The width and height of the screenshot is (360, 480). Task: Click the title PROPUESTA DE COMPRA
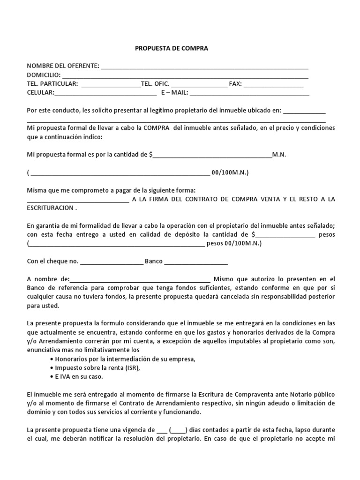click(x=172, y=48)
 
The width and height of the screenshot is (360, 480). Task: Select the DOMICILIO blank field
click(x=185, y=75)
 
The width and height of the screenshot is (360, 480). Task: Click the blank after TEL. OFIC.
click(x=199, y=84)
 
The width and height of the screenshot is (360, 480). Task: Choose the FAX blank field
click(x=273, y=84)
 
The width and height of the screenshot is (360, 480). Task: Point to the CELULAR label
click(x=40, y=93)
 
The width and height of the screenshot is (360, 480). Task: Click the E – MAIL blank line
click(x=249, y=93)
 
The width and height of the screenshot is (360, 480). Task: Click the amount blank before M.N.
click(x=212, y=155)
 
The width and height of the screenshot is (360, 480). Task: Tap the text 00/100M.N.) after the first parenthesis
click(x=230, y=173)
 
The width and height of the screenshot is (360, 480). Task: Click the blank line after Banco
click(x=196, y=262)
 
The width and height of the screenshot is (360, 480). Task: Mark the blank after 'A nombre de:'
click(x=141, y=279)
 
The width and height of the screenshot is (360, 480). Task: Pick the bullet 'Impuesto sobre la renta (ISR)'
click(x=97, y=368)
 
